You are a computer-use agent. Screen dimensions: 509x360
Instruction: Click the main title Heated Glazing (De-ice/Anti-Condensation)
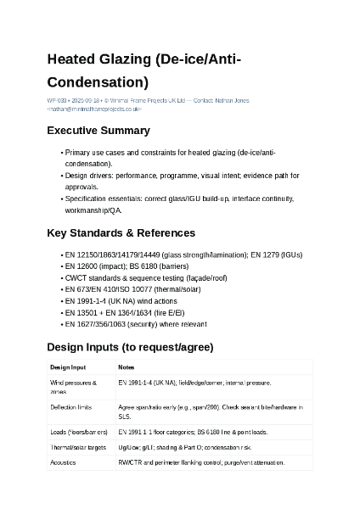coord(144,70)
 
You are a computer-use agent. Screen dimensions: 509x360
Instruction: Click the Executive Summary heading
coord(98,131)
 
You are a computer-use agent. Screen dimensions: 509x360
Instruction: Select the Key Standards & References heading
coord(121,232)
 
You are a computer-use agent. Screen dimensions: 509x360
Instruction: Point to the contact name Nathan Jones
coord(232,101)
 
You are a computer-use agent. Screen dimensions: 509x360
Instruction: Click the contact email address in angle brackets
coord(94,109)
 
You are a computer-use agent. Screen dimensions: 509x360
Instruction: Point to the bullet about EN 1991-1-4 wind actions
coord(121,301)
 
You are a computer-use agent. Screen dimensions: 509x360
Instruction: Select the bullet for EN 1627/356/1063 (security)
coord(135,324)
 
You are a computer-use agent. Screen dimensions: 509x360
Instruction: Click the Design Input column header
coord(68,367)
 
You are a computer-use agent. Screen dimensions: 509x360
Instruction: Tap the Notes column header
coord(127,367)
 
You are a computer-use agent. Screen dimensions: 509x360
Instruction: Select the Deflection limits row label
coord(71,408)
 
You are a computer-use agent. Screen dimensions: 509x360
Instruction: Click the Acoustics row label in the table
coord(64,462)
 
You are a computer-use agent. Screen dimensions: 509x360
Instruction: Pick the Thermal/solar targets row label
coord(78,446)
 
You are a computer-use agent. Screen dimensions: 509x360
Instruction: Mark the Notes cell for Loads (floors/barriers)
coord(194,432)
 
